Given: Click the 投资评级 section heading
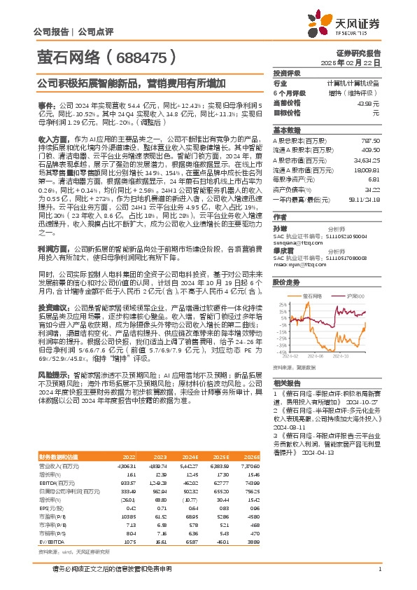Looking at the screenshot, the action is [x=287, y=73].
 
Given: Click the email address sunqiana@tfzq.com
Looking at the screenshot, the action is [x=295, y=237].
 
